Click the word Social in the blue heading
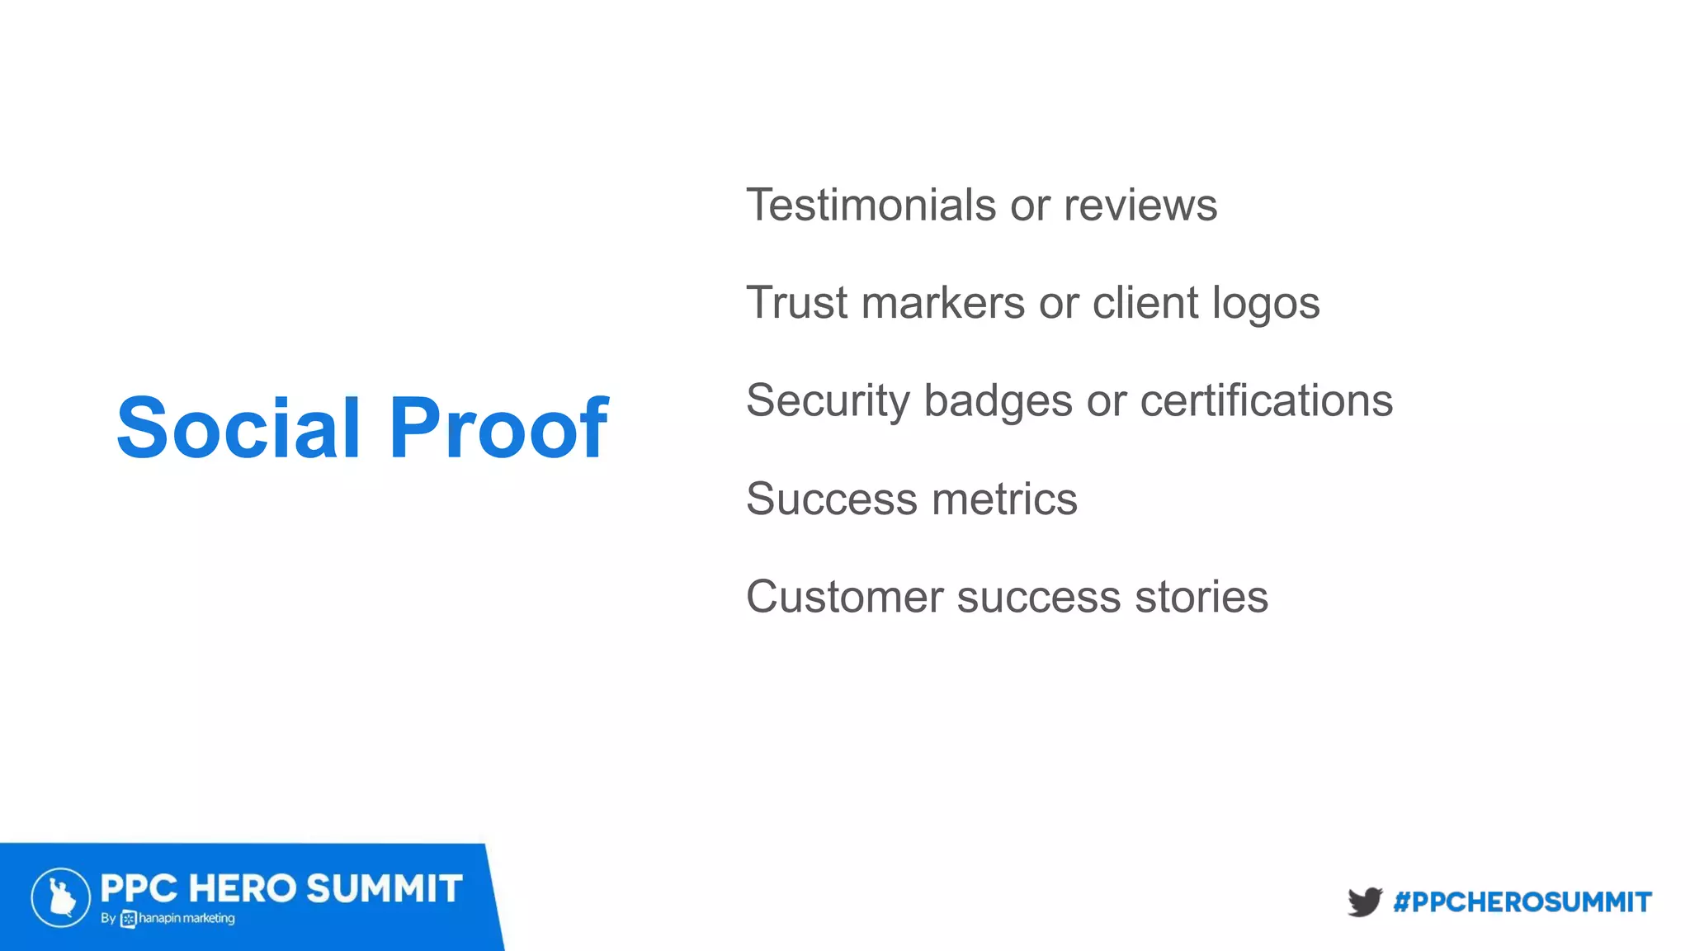click(238, 428)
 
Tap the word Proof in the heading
click(498, 428)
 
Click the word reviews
click(1140, 205)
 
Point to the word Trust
click(797, 302)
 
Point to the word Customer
click(844, 597)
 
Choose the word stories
click(1201, 597)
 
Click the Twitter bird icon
click(1364, 901)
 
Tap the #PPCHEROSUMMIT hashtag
click(1522, 902)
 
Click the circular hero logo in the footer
click(61, 897)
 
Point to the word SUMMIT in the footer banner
click(385, 889)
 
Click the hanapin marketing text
click(186, 919)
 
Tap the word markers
click(943, 302)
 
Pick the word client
click(1145, 302)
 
